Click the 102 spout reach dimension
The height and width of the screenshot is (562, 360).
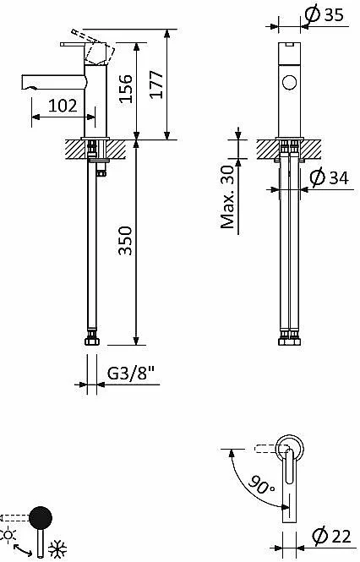(x=63, y=106)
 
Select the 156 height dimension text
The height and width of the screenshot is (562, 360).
(x=126, y=89)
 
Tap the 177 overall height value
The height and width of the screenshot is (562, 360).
(x=156, y=85)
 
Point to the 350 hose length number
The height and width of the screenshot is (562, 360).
(x=126, y=240)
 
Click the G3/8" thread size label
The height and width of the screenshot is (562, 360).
(x=130, y=374)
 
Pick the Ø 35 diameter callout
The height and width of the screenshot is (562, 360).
(x=325, y=14)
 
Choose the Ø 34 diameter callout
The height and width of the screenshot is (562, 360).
(x=329, y=177)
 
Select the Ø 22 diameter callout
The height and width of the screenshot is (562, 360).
(x=331, y=537)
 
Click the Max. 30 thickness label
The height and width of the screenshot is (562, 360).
(x=227, y=197)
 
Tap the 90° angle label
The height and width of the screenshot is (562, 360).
(x=261, y=486)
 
